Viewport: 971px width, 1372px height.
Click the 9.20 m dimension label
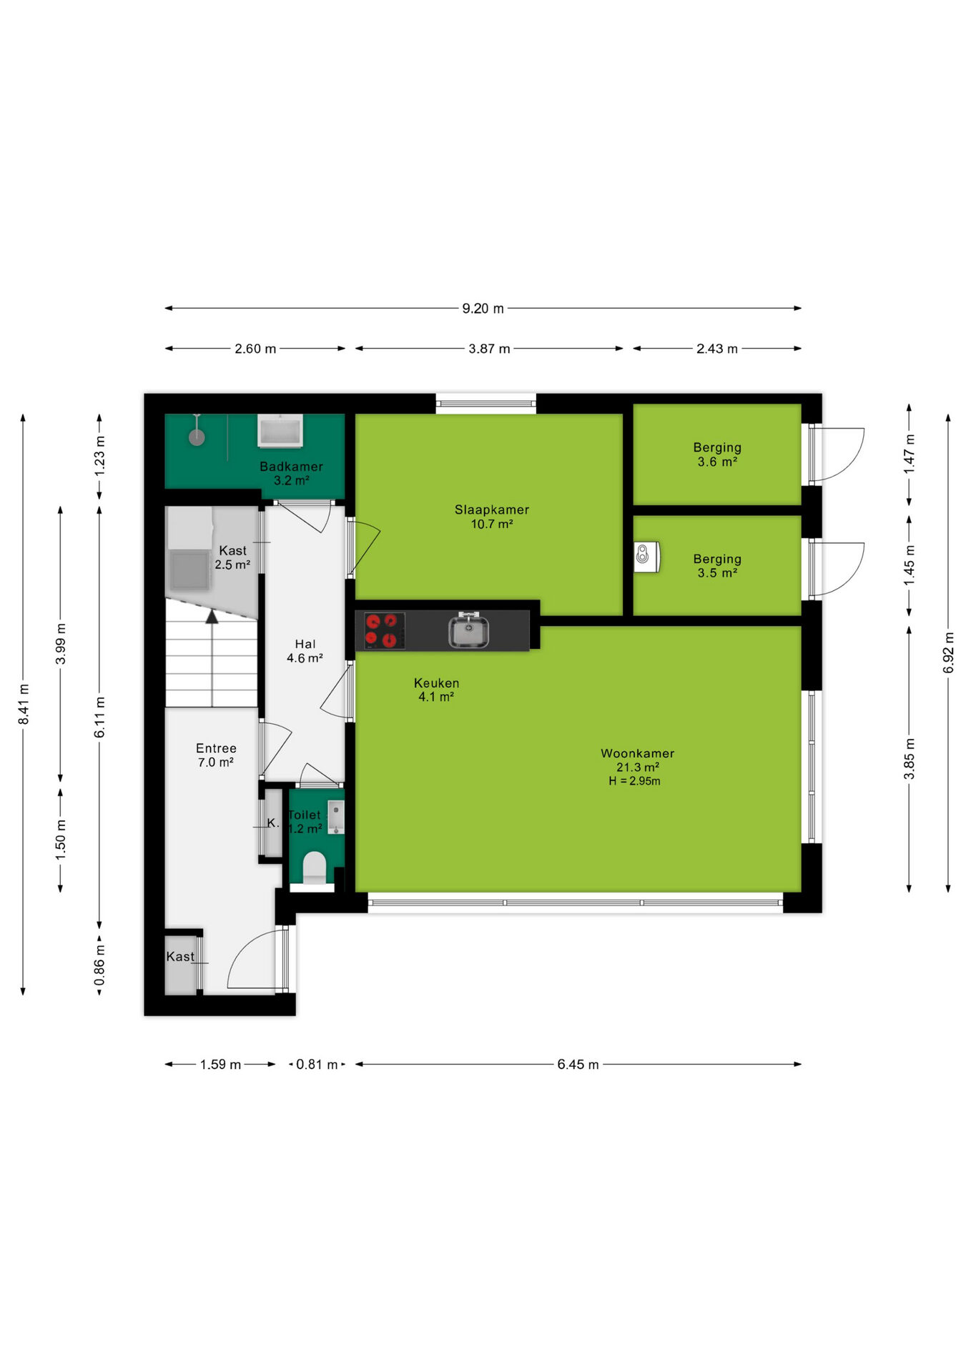pyautogui.click(x=483, y=309)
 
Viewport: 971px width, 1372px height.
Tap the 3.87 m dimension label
pyautogui.click(x=489, y=349)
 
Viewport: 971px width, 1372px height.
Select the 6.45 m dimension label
pyautogui.click(x=578, y=1064)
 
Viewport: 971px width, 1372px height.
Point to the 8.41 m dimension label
pyautogui.click(x=24, y=704)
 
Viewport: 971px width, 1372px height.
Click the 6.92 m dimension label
pyautogui.click(x=948, y=652)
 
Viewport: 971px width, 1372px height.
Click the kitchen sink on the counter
pyautogui.click(x=468, y=631)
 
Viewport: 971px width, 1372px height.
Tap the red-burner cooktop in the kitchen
pyautogui.click(x=381, y=631)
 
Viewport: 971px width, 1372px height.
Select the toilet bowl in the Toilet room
pyautogui.click(x=315, y=868)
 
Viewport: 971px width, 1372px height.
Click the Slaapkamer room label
pyautogui.click(x=492, y=509)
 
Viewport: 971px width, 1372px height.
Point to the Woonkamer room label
pyautogui.click(x=637, y=753)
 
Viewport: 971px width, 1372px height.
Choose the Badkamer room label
pyautogui.click(x=291, y=467)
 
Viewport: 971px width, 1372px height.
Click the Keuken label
pyautogui.click(x=436, y=683)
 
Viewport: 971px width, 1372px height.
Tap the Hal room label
pyautogui.click(x=305, y=644)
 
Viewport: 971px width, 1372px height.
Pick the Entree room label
pyautogui.click(x=216, y=748)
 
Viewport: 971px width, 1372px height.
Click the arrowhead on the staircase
pyautogui.click(x=212, y=617)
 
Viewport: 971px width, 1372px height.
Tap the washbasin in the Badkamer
pyautogui.click(x=280, y=432)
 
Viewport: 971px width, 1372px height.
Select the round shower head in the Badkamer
pyautogui.click(x=197, y=437)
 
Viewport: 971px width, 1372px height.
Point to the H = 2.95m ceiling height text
pyautogui.click(x=634, y=781)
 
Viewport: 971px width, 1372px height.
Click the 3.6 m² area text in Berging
pyautogui.click(x=717, y=462)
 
